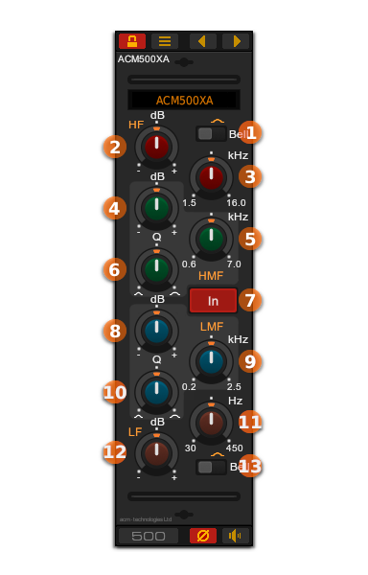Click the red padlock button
(x=132, y=41)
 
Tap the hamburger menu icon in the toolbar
(x=165, y=41)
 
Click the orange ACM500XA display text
(x=184, y=101)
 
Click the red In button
(x=213, y=301)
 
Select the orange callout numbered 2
(x=115, y=147)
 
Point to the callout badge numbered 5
(x=250, y=239)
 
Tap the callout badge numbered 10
(x=115, y=392)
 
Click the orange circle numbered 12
(x=115, y=452)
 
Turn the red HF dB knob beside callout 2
(x=156, y=147)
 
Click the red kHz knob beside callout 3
(x=211, y=176)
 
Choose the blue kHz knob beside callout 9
(x=211, y=361)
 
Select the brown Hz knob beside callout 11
(x=211, y=422)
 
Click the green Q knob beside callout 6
(x=156, y=269)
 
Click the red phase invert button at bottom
(x=203, y=536)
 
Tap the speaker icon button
(x=235, y=536)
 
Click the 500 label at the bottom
(x=149, y=536)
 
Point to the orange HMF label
(x=211, y=276)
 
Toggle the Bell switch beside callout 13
(x=211, y=467)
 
